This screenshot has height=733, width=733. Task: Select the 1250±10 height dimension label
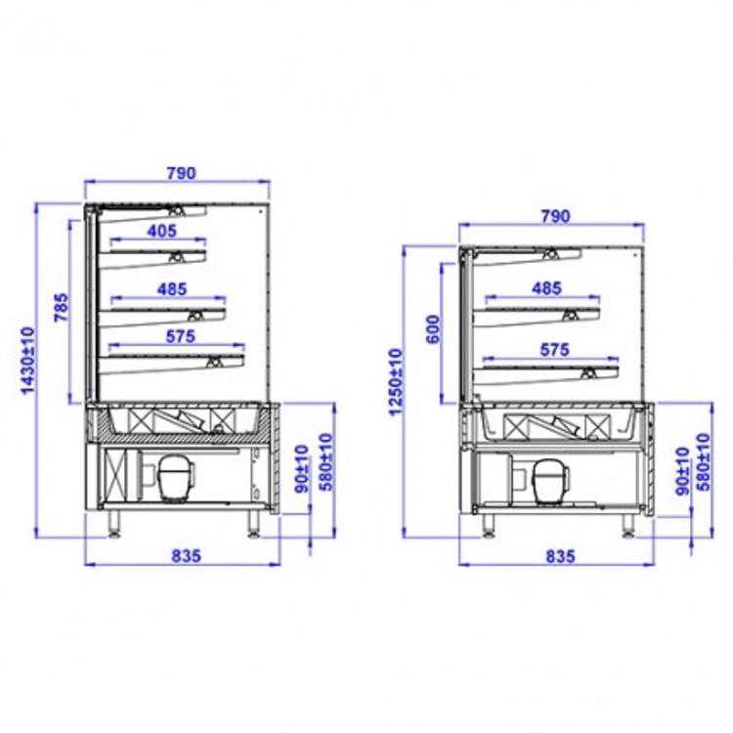click(395, 381)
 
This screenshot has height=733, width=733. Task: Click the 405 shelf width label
click(162, 231)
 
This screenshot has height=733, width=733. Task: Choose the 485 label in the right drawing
click(547, 288)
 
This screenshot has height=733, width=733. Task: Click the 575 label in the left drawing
click(181, 335)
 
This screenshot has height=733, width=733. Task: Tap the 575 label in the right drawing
click(554, 348)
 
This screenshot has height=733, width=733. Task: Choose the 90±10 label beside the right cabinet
click(681, 471)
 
